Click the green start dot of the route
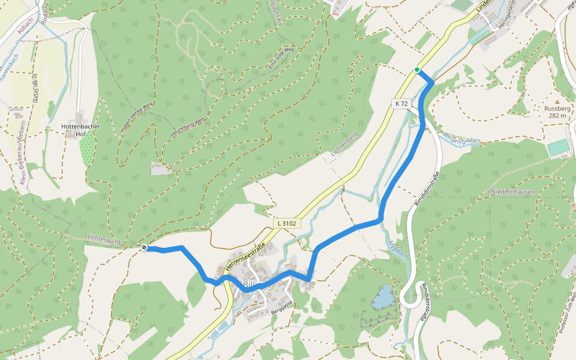point(416,70)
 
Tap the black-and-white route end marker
point(144,247)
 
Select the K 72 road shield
point(401,103)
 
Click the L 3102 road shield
point(287,223)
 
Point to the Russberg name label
point(557,109)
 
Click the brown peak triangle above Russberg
point(557,101)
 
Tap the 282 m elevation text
point(557,116)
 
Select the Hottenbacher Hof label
point(81,130)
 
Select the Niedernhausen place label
point(512,191)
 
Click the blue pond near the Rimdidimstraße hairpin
point(383,297)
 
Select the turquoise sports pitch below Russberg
point(557,147)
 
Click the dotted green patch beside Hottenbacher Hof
point(88,152)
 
